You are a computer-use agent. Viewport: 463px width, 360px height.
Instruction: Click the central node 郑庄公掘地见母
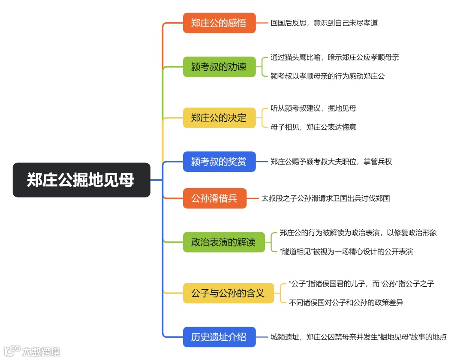[x=81, y=180]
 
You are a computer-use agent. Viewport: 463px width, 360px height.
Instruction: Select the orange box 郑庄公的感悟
[x=219, y=23]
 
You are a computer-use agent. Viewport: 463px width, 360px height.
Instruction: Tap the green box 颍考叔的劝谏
[x=219, y=67]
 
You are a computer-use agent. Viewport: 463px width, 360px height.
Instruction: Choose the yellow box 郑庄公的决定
[x=219, y=117]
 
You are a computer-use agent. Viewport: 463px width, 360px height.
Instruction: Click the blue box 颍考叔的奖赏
[x=219, y=162]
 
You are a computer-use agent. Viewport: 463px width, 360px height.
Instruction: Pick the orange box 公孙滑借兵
[x=214, y=198]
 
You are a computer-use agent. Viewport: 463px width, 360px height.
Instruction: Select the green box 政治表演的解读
[x=224, y=242]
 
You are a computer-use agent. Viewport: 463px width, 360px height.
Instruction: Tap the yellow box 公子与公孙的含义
[x=228, y=293]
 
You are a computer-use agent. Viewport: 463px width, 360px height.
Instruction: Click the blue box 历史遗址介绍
[x=219, y=337]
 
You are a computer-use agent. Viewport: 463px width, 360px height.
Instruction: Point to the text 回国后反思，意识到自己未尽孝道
[x=324, y=23]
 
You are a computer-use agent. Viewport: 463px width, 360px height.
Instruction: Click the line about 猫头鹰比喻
[x=335, y=57]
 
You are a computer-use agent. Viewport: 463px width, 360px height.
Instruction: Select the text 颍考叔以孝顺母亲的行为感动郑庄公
[x=328, y=76]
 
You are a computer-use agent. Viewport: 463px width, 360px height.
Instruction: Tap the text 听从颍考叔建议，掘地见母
[x=313, y=108]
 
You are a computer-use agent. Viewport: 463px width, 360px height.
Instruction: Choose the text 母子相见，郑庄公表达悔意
[x=313, y=127]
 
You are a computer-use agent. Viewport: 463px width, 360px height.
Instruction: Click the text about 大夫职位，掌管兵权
[x=331, y=162]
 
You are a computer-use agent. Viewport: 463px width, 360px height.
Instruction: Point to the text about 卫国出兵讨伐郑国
[x=325, y=198]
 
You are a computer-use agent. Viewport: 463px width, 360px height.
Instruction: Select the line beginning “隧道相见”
[x=346, y=252]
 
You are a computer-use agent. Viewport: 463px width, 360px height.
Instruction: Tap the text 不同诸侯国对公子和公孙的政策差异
[x=346, y=303]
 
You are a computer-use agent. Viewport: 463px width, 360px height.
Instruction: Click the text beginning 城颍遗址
[x=358, y=337]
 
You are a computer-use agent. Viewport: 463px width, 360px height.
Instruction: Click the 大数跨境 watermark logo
[x=32, y=351]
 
